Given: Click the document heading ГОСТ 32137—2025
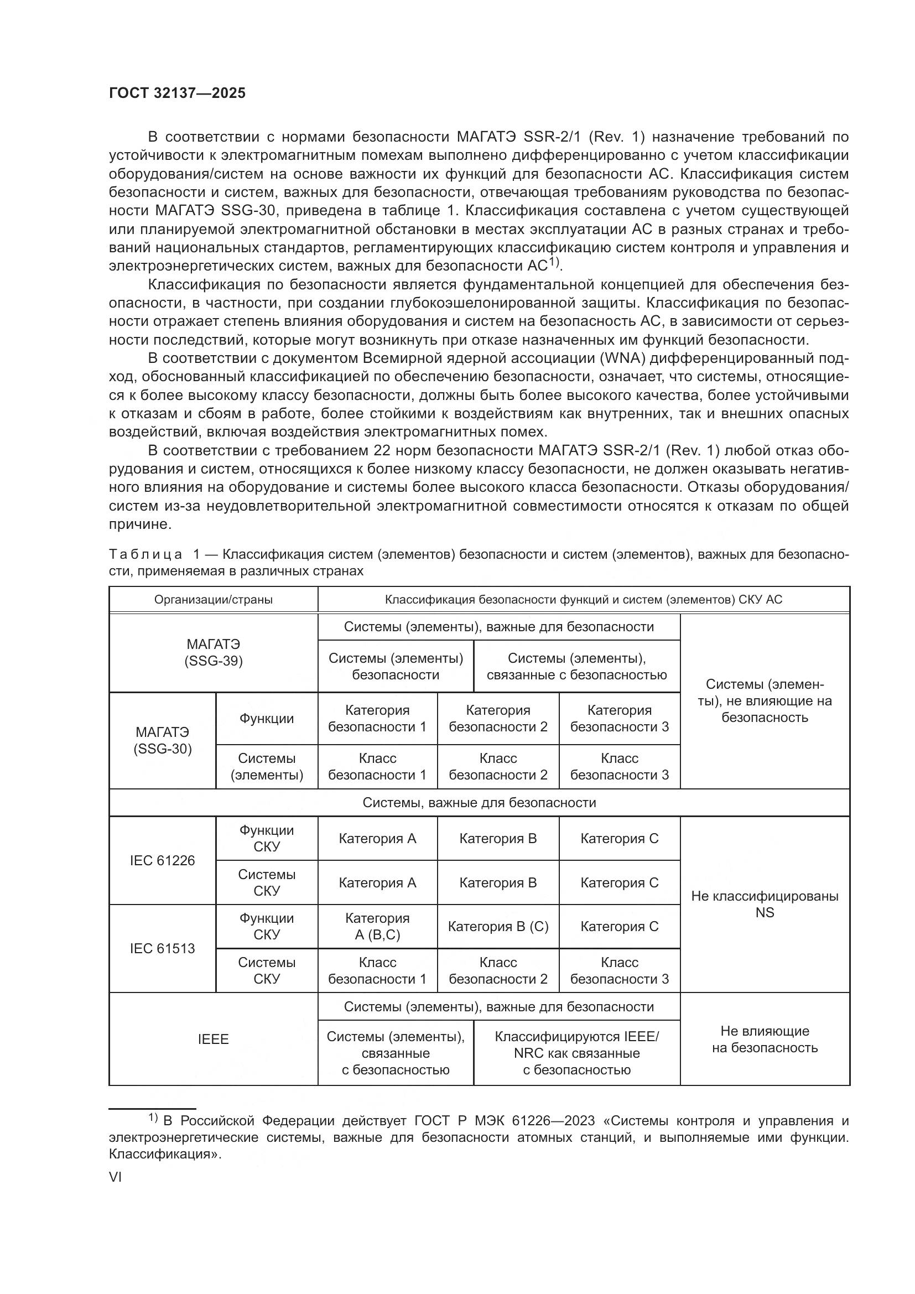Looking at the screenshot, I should (177, 93).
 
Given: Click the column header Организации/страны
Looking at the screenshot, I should (213, 599).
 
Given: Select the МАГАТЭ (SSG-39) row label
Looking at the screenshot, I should (213, 652).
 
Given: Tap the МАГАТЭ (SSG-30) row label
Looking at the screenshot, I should (162, 740).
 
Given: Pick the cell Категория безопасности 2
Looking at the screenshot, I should (497, 718).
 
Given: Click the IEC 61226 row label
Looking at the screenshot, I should (162, 860).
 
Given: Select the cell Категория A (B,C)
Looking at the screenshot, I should (377, 926).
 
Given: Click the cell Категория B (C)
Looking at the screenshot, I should (497, 926).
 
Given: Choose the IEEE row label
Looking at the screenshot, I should (213, 1040).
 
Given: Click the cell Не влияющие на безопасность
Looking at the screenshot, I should (764, 1040).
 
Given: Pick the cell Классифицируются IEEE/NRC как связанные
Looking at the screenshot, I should (576, 1053).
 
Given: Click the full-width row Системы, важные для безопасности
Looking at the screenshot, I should (479, 802).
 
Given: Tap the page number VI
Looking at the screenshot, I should (115, 1177).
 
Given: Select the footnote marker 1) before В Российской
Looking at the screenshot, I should (153, 1116).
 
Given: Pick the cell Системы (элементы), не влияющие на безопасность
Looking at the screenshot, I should (764, 700).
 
